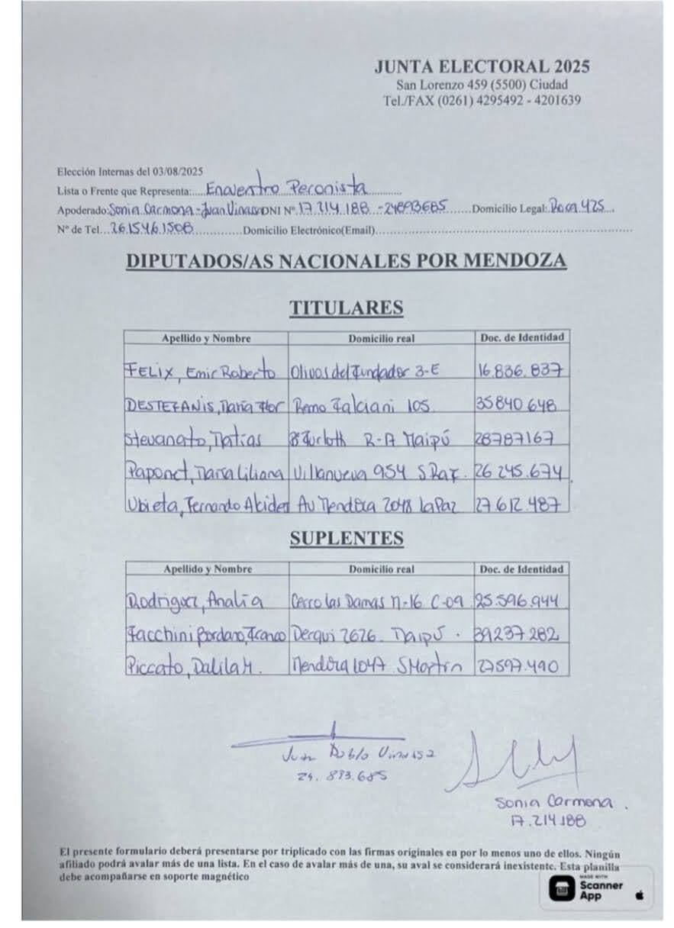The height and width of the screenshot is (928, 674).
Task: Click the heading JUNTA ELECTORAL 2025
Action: [x=482, y=67]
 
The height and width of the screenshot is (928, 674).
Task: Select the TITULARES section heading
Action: [x=346, y=308]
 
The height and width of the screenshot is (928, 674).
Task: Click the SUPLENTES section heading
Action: [x=346, y=538]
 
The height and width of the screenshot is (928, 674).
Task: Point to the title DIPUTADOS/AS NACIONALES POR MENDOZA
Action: [x=346, y=261]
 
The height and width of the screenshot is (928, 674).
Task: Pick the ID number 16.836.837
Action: [x=521, y=372]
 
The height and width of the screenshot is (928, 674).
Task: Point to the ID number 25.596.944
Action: [x=521, y=601]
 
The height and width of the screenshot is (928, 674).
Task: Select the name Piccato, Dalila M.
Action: [x=194, y=665]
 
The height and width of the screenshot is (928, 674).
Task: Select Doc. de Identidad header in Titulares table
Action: [x=522, y=337]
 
